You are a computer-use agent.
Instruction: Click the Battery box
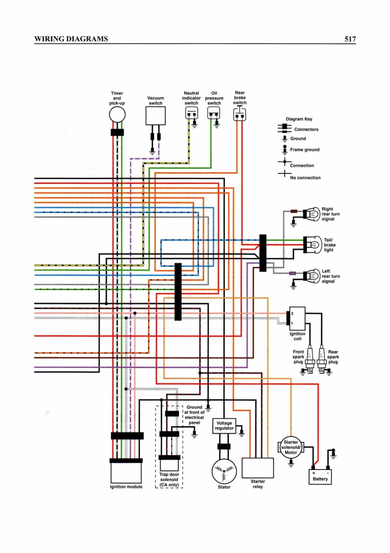(320, 477)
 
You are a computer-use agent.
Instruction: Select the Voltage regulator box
(224, 426)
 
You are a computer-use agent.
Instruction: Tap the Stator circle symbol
(224, 472)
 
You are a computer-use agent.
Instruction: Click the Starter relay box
(257, 468)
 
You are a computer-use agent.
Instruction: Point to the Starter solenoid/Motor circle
(291, 447)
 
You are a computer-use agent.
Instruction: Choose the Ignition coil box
(297, 319)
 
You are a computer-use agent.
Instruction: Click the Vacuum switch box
(155, 116)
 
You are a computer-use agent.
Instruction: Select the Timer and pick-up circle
(117, 114)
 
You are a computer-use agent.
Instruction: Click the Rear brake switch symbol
(240, 114)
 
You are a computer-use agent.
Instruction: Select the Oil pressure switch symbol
(214, 113)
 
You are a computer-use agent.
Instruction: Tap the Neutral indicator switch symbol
(192, 113)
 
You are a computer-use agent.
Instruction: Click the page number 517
(350, 39)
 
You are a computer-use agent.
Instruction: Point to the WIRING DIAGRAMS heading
(71, 39)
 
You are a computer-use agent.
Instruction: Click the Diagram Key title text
(299, 119)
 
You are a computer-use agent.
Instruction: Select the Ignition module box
(126, 472)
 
